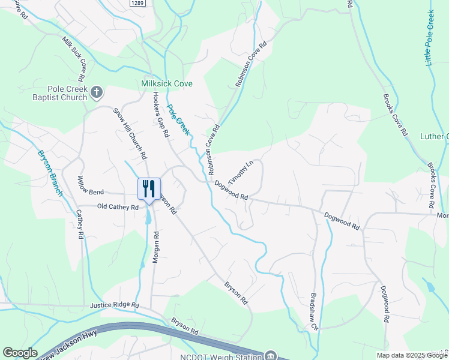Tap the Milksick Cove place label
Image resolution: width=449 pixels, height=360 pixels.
point(167,84)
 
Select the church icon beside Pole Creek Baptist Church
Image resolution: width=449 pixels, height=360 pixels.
point(97,92)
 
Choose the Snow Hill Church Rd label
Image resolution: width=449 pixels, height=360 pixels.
point(130,133)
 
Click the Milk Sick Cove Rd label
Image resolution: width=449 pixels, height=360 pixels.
point(74,58)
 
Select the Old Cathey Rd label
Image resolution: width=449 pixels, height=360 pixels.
point(118,206)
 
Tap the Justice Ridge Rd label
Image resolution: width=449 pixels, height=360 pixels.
point(114,305)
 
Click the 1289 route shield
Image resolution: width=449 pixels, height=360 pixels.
point(137,4)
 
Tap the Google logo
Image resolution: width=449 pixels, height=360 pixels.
point(20,353)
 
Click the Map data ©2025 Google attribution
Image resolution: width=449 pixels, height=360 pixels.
point(412,355)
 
